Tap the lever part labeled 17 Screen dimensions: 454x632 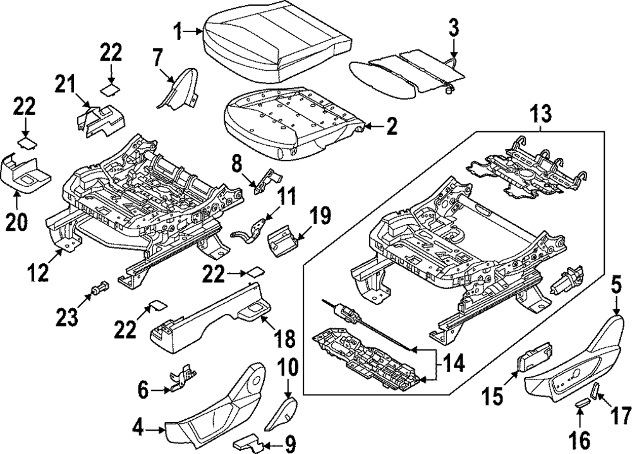(594, 392)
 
